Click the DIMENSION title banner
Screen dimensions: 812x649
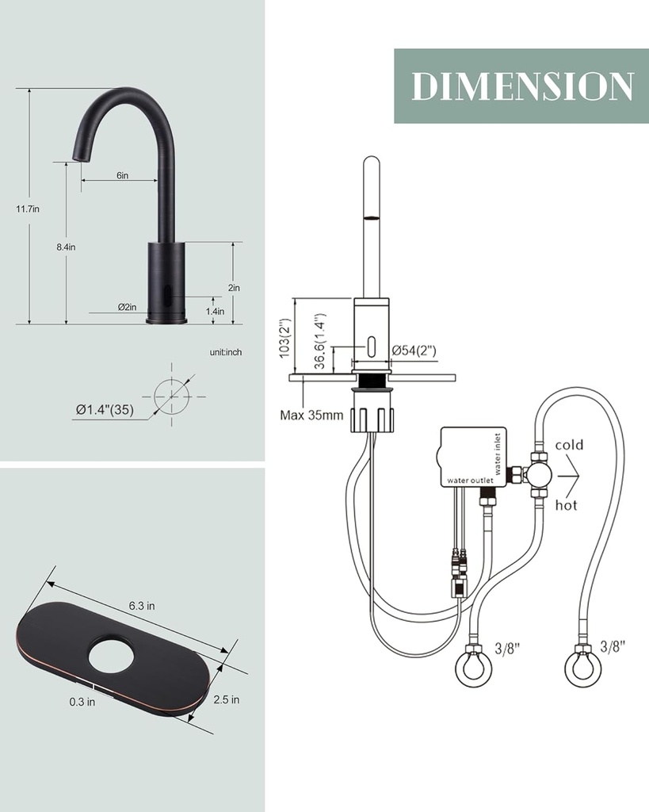(x=521, y=86)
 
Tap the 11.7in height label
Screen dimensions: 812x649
(x=28, y=209)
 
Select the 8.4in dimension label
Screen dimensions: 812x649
(x=66, y=247)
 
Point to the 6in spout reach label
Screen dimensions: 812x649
(x=122, y=175)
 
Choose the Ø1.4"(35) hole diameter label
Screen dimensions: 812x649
(x=104, y=409)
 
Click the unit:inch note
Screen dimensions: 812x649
(x=226, y=352)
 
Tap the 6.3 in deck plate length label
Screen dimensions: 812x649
(x=142, y=605)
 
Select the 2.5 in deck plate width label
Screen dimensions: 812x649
(x=226, y=699)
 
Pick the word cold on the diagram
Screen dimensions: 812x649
(x=569, y=445)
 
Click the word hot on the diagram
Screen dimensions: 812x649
(x=566, y=505)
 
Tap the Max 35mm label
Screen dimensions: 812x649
(x=311, y=414)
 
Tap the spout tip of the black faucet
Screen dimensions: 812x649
(x=78, y=158)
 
